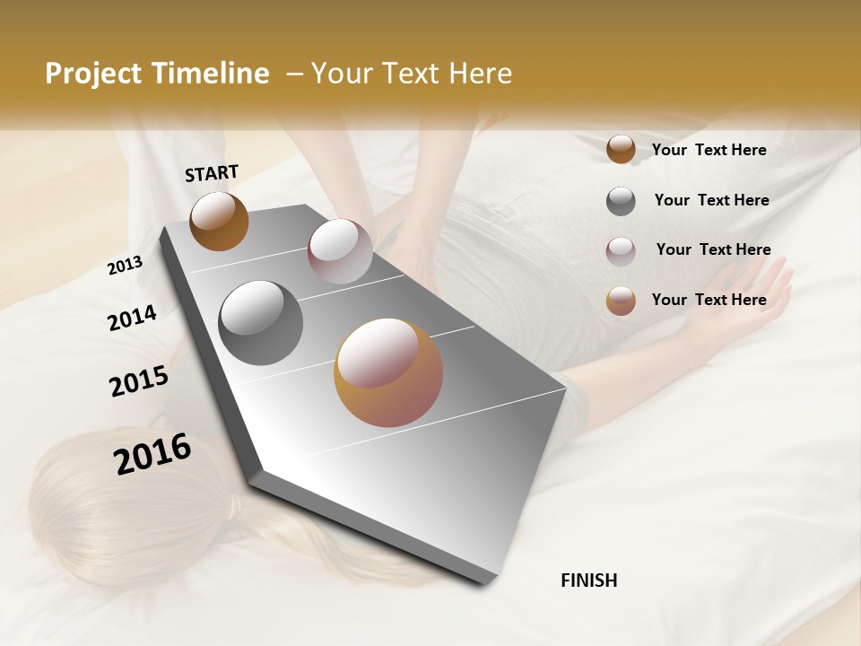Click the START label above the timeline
point(212,173)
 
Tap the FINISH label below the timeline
point(588,581)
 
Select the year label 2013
point(126,266)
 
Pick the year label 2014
point(133,318)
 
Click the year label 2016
point(152,453)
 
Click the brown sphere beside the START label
point(219,221)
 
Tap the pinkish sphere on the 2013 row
point(340,251)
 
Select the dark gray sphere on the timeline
point(261,322)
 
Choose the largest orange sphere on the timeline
point(388,372)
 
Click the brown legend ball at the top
point(621,150)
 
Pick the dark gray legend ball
point(621,201)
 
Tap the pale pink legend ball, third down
point(621,251)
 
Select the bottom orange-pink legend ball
point(621,301)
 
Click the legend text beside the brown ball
point(709,150)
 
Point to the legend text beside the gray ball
point(711,200)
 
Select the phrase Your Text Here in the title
point(411,74)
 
